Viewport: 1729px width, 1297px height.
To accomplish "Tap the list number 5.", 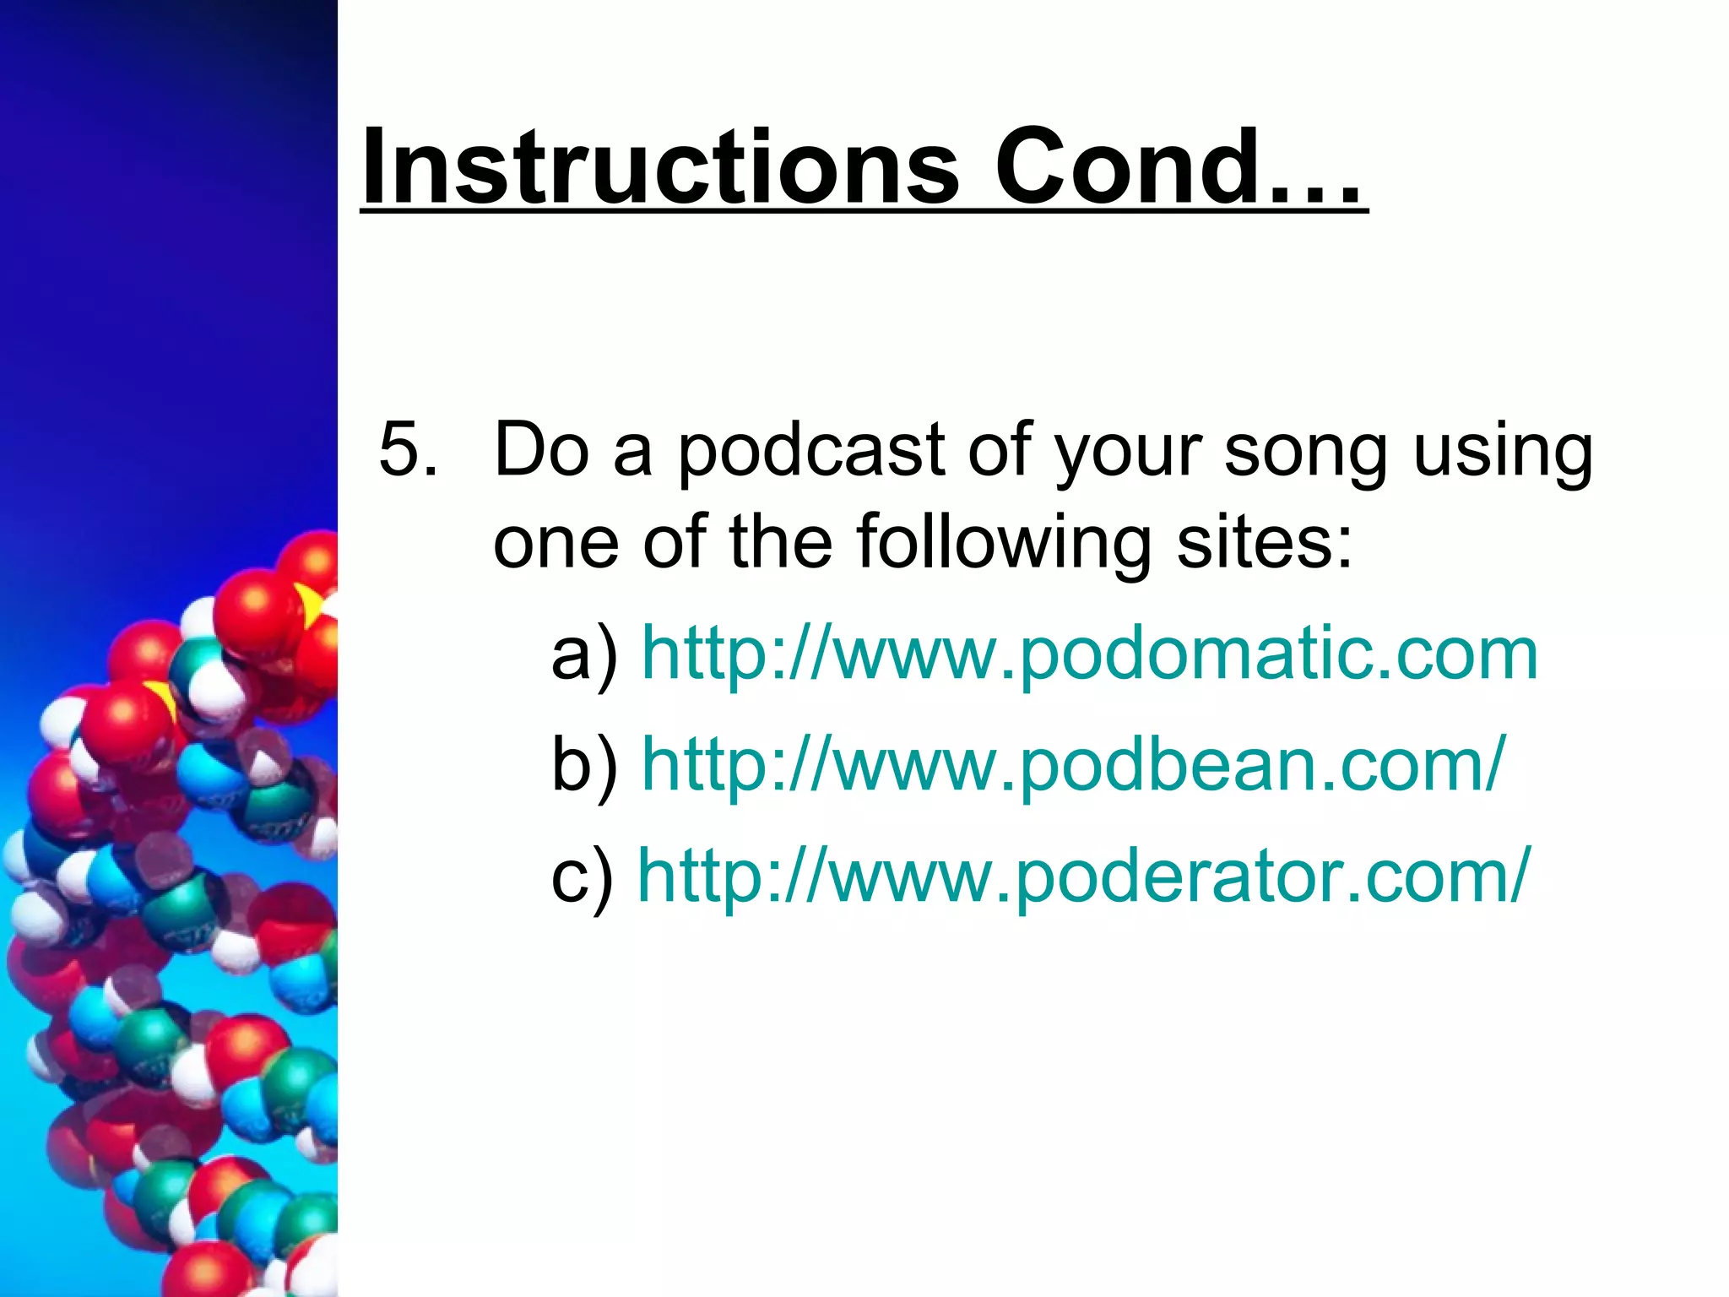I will (x=408, y=449).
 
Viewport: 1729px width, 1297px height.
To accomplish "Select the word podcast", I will (x=811, y=451).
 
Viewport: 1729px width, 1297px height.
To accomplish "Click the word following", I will (x=1004, y=544).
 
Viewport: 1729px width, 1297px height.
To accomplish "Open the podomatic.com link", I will (x=1089, y=654).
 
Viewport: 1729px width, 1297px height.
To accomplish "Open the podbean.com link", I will (x=1073, y=765).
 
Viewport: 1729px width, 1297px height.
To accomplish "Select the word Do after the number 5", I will (x=541, y=449).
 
